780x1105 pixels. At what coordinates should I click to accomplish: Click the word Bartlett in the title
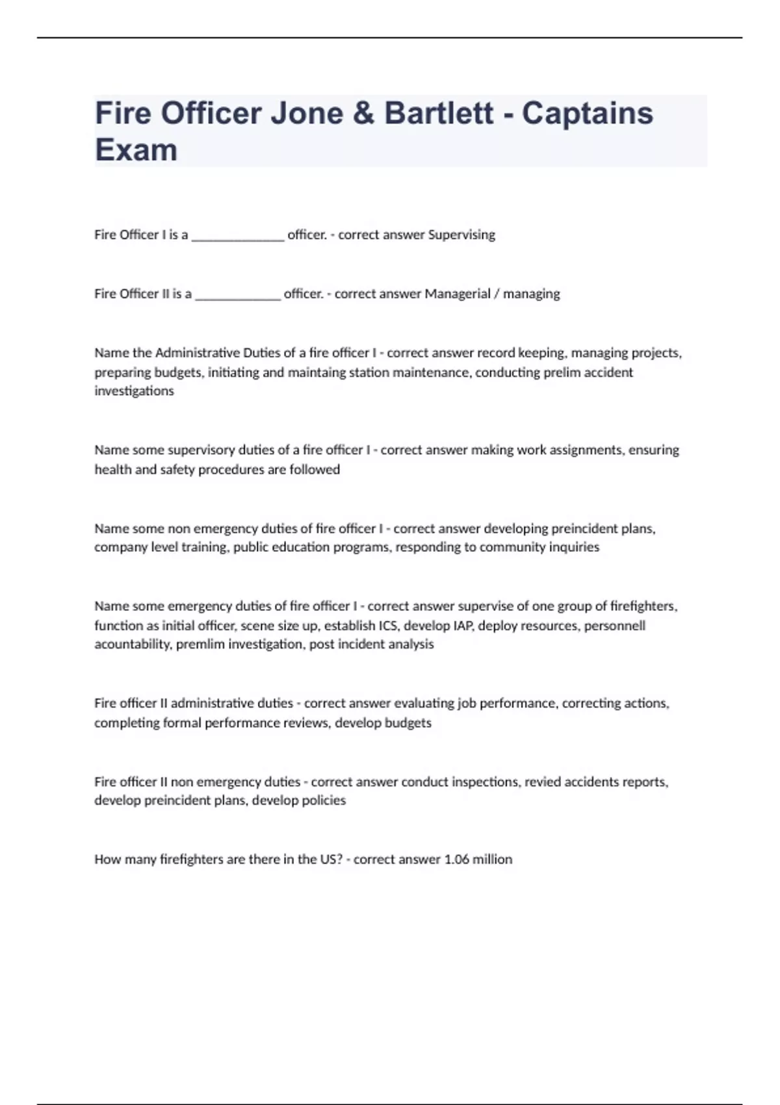[x=439, y=113]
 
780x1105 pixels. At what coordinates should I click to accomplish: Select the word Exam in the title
[x=136, y=149]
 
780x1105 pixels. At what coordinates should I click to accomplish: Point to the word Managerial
[x=457, y=294]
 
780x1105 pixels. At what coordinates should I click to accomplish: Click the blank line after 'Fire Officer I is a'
[x=238, y=237]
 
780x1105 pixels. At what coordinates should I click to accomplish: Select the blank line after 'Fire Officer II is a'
[x=238, y=296]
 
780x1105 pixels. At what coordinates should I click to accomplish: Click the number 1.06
[x=456, y=859]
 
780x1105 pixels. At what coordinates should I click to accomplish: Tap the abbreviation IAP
[x=463, y=625]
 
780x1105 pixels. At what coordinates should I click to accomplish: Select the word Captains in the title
[x=587, y=113]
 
